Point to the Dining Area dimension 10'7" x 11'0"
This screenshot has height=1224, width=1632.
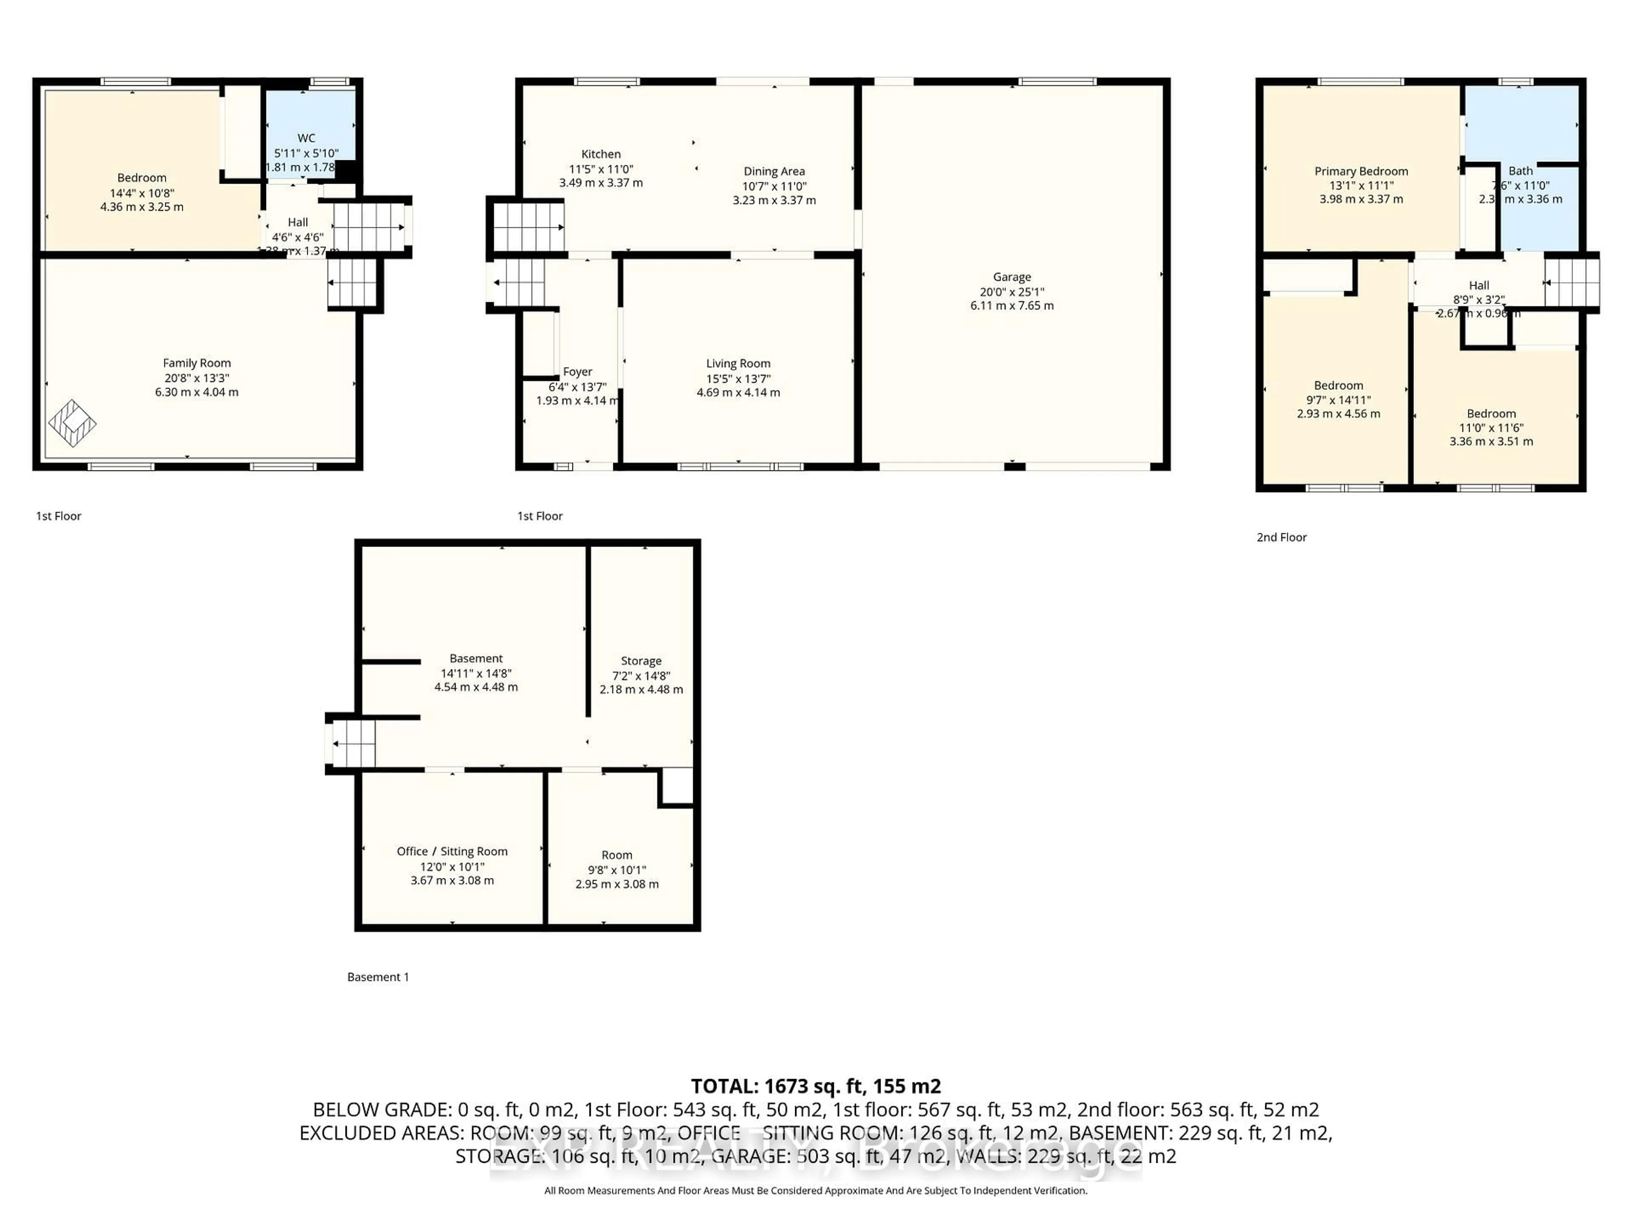(774, 186)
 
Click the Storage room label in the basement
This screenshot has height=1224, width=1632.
(640, 661)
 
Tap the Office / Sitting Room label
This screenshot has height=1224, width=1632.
(451, 851)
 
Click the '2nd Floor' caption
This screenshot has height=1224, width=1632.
(1281, 537)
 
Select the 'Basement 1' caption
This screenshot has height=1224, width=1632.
(378, 977)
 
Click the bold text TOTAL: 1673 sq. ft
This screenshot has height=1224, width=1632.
(815, 1086)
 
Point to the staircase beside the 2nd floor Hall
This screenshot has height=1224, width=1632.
(1572, 281)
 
